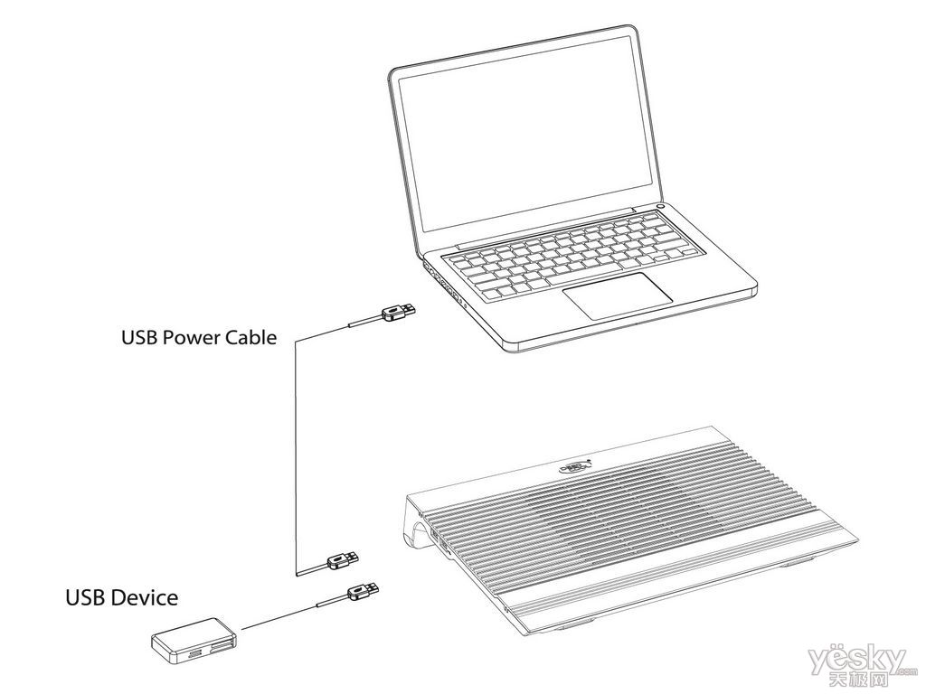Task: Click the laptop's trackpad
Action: (x=617, y=295)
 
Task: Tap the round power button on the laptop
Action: (x=661, y=207)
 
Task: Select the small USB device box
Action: (x=194, y=639)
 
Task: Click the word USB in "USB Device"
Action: (x=86, y=597)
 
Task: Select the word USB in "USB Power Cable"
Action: (x=140, y=338)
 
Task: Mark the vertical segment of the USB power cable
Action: (x=296, y=457)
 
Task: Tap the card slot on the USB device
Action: (x=221, y=647)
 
